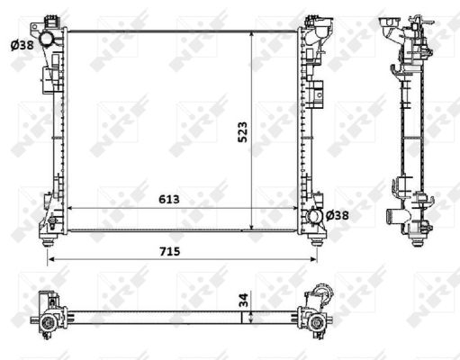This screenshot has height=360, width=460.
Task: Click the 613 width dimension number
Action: click(169, 199)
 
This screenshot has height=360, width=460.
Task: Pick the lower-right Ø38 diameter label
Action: click(337, 215)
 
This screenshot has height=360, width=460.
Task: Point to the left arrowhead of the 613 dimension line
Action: click(71, 209)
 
